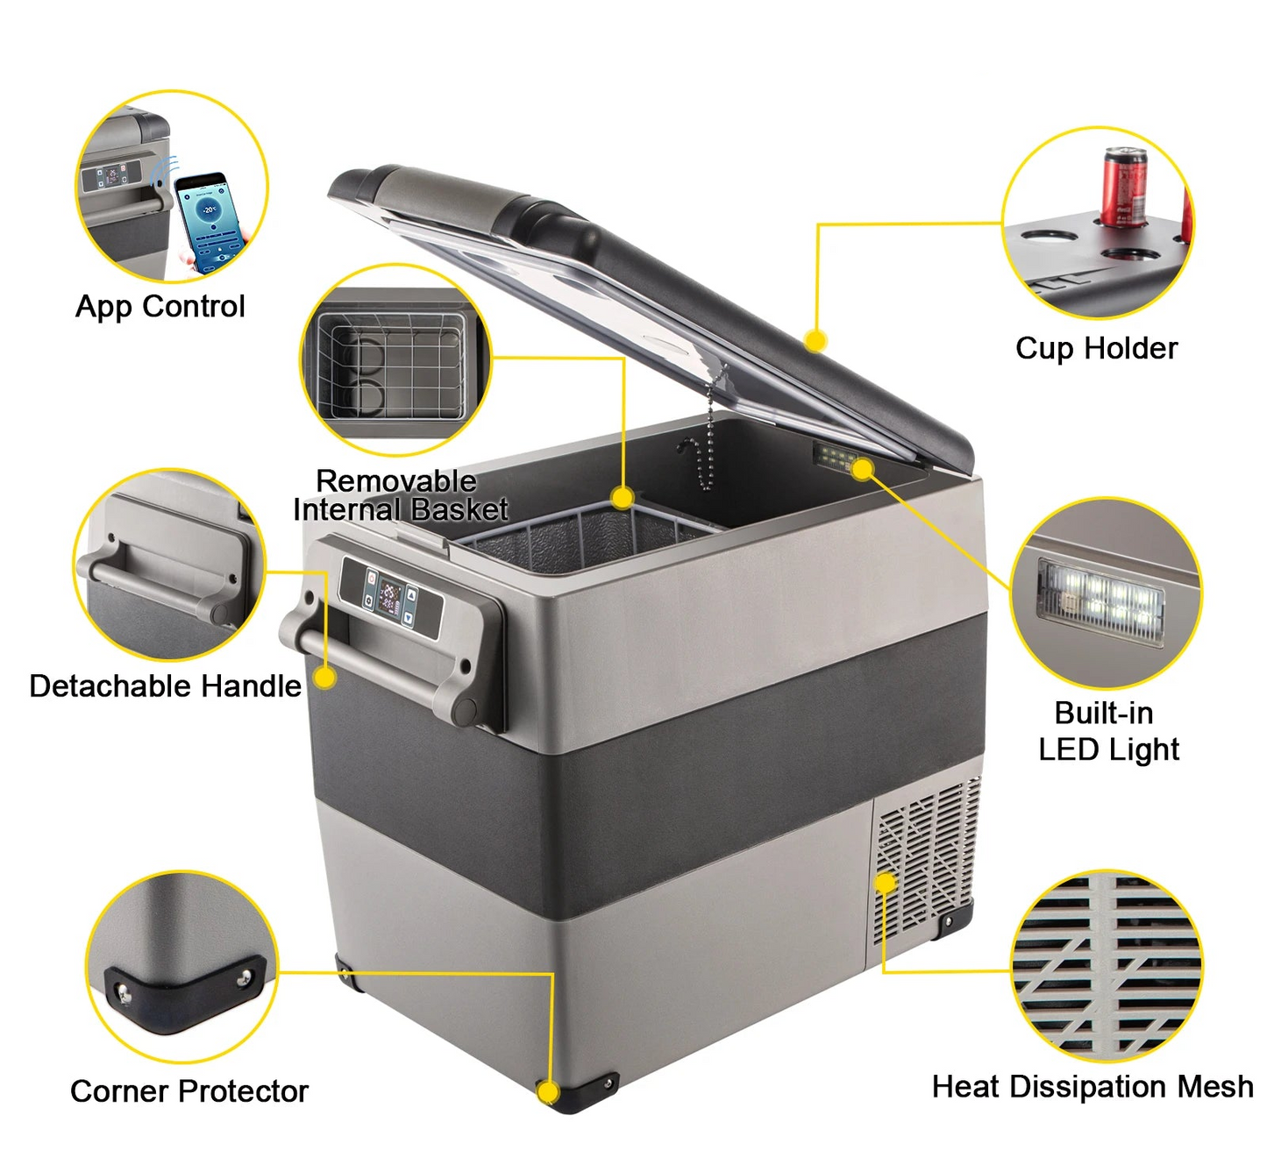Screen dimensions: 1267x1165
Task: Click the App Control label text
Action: click(x=160, y=308)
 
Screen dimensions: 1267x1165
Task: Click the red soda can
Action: click(x=1123, y=187)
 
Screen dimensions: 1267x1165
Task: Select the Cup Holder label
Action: click(x=1096, y=349)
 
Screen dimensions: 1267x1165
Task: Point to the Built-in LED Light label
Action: click(x=1108, y=731)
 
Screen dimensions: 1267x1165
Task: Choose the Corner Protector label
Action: click(x=189, y=1090)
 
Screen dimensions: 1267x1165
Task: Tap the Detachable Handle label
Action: click(x=165, y=686)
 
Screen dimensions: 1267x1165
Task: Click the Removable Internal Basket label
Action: click(x=400, y=495)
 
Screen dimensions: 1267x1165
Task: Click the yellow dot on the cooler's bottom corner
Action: click(x=548, y=1091)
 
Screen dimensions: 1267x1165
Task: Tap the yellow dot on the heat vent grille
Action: click(x=886, y=883)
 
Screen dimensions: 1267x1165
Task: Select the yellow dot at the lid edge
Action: click(x=816, y=341)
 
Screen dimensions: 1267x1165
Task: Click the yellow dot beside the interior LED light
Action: click(x=863, y=468)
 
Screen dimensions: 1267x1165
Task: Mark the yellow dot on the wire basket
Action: click(x=623, y=498)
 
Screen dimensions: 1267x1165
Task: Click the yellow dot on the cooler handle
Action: click(x=324, y=678)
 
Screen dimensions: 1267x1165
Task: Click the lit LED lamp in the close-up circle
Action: click(x=1101, y=602)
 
